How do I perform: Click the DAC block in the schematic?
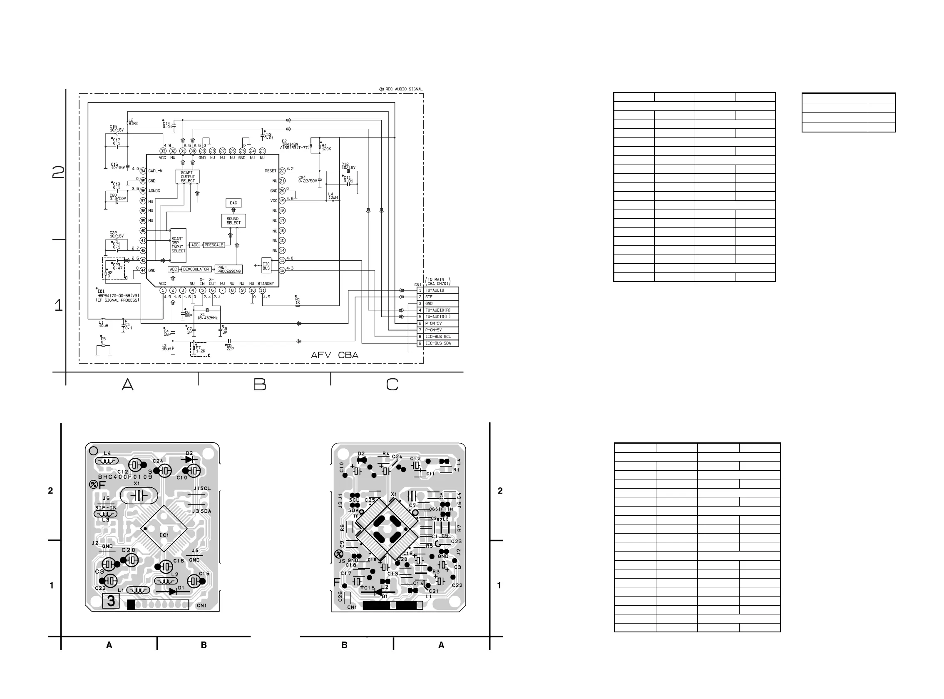(x=234, y=203)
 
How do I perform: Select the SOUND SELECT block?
(x=234, y=221)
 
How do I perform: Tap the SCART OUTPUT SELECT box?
(x=187, y=177)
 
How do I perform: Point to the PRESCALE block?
(x=214, y=245)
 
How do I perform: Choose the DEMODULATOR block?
(x=196, y=269)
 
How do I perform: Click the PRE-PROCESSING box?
(x=229, y=269)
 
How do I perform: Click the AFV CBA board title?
(x=334, y=355)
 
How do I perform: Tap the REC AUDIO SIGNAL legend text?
(x=404, y=89)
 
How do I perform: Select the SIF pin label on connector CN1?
(x=429, y=297)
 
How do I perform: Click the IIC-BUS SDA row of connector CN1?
(x=438, y=343)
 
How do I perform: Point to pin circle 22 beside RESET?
(x=282, y=171)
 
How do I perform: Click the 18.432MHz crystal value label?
(x=207, y=318)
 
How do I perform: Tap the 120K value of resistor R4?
(x=326, y=149)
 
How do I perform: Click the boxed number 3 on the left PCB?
(x=111, y=601)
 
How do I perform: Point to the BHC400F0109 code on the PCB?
(x=125, y=477)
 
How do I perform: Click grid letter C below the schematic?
(x=392, y=384)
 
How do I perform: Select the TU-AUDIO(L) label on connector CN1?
(x=438, y=317)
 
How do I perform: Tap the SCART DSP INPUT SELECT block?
(x=178, y=245)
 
